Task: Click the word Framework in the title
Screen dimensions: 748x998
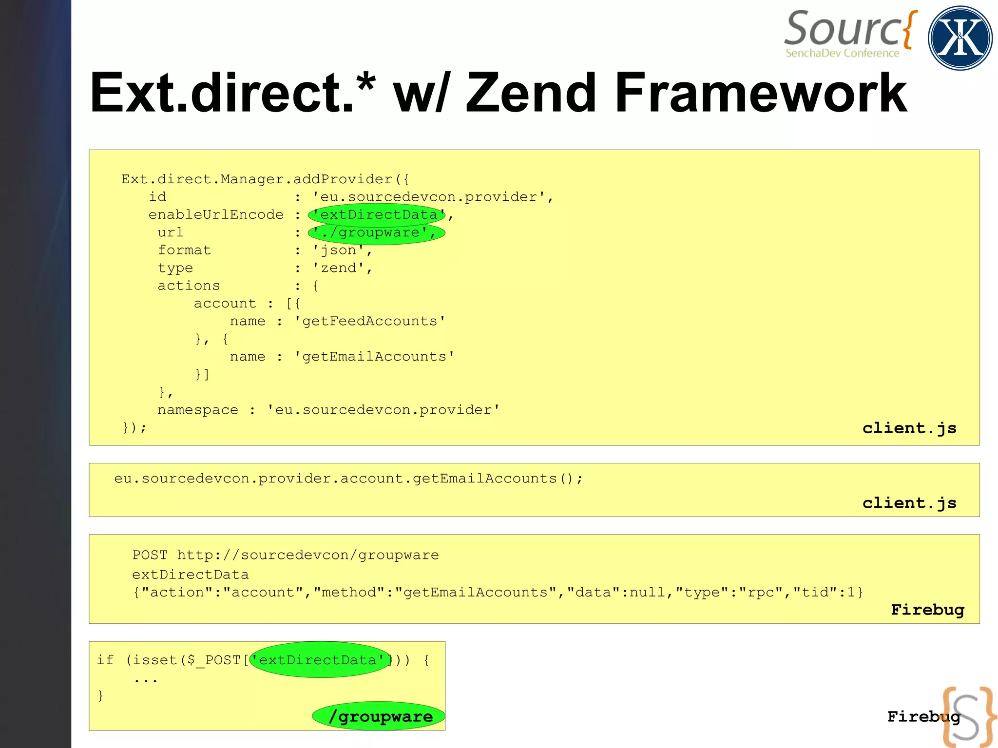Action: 760,93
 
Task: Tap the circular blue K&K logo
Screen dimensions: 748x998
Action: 960,38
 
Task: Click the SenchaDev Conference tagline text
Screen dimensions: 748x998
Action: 842,53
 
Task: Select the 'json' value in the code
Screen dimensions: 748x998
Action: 338,250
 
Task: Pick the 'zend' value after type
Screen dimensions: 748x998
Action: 338,268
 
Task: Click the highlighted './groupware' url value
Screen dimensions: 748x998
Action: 375,232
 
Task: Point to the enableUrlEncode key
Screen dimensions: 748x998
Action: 216,215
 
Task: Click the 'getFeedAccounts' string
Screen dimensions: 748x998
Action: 369,321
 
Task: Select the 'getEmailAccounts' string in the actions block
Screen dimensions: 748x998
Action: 374,357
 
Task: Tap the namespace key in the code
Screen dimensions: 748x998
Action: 198,410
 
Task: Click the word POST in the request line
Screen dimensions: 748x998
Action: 150,555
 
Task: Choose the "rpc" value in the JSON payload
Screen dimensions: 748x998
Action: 762,593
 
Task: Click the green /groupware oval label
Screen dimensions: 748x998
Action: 379,716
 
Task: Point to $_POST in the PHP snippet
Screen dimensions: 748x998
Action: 214,660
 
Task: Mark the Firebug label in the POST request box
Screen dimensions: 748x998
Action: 927,610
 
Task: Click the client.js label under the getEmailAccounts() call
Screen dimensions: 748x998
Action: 909,503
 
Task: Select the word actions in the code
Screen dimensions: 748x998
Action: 189,286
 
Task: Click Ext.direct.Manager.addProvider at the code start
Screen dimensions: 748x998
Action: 257,179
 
